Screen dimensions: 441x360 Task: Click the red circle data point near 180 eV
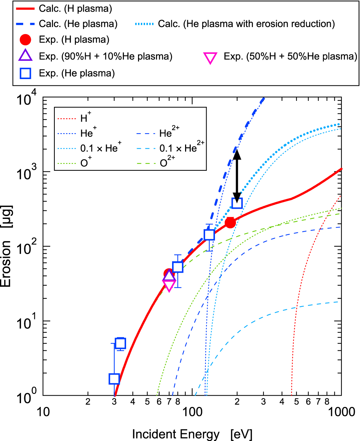click(x=230, y=222)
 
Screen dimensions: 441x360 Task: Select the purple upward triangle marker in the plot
click(x=169, y=276)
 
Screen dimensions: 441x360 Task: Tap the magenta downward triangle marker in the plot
click(x=169, y=286)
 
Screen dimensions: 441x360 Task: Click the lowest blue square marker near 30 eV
click(x=114, y=379)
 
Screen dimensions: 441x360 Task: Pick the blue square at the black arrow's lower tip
click(x=237, y=203)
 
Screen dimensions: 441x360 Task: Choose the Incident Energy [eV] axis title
click(x=192, y=434)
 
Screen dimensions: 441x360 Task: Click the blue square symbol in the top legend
click(x=26, y=73)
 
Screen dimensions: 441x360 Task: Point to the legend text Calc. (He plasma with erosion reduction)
click(x=246, y=24)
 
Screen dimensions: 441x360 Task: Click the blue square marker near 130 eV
click(x=209, y=235)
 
